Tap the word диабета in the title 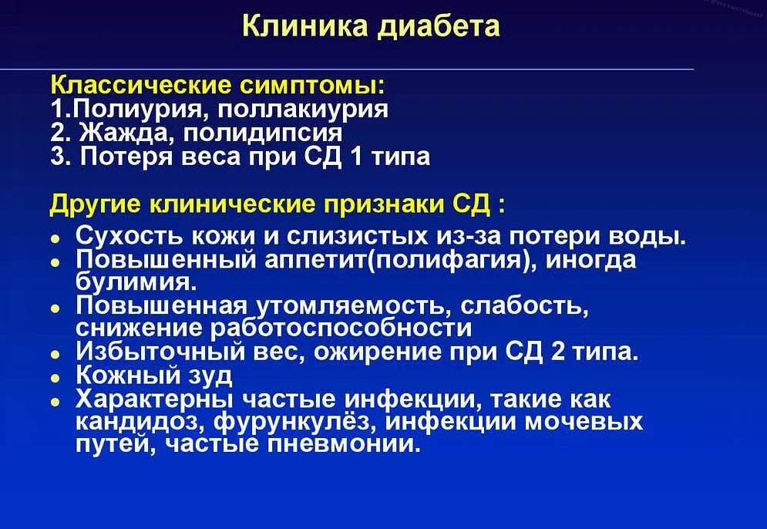point(439,27)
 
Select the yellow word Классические point(141,85)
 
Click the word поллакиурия point(303,110)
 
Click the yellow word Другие point(95,204)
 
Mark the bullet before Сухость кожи point(56,241)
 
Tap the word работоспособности point(341,328)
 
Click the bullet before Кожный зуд point(56,379)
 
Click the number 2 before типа point(557,352)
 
